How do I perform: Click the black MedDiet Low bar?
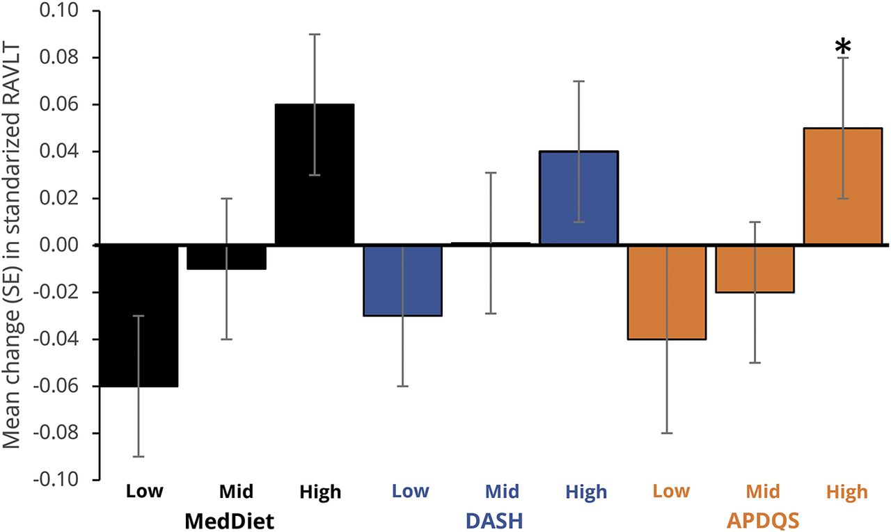(139, 316)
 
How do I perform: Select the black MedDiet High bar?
(315, 175)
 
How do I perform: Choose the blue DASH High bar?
(578, 198)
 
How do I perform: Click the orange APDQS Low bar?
(667, 292)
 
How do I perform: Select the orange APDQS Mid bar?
(755, 268)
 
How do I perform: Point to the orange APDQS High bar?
(842, 186)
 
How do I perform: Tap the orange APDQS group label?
(764, 519)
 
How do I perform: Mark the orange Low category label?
(671, 492)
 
